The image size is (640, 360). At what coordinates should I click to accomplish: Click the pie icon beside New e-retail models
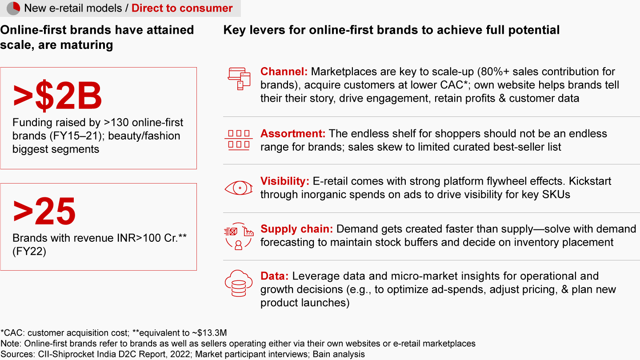tap(13, 8)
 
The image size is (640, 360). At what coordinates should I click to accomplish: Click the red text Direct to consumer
tap(182, 8)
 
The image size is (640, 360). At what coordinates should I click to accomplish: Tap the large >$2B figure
tap(57, 96)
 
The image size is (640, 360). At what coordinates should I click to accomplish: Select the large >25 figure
tap(44, 211)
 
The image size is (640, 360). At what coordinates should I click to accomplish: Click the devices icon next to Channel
tap(239, 79)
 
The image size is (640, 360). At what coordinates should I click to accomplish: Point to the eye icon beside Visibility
tap(239, 188)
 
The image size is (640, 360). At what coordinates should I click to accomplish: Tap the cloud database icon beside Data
tap(239, 284)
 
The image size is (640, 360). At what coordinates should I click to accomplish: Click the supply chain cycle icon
tap(239, 236)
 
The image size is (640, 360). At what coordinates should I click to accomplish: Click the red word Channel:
tap(284, 72)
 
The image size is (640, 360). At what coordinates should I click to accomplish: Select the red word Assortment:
tap(293, 133)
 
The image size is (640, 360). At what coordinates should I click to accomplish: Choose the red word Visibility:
tap(285, 181)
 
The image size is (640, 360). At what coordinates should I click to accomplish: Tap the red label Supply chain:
tap(296, 229)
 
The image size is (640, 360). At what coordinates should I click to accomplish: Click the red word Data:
tap(275, 276)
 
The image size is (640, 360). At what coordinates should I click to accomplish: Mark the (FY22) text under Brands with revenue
tap(29, 252)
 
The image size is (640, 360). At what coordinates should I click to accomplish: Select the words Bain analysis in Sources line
tap(339, 354)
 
